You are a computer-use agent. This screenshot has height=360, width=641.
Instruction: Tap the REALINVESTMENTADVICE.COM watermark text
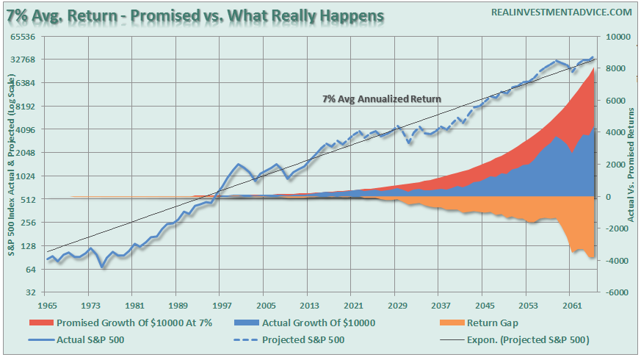point(553,13)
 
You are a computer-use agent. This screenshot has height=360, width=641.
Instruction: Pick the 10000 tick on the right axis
point(615,36)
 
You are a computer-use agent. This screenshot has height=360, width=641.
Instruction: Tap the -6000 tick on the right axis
point(614,292)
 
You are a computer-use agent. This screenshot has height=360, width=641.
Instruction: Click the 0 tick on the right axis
point(607,196)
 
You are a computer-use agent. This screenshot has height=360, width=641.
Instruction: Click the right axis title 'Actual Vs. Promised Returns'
point(634,163)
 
